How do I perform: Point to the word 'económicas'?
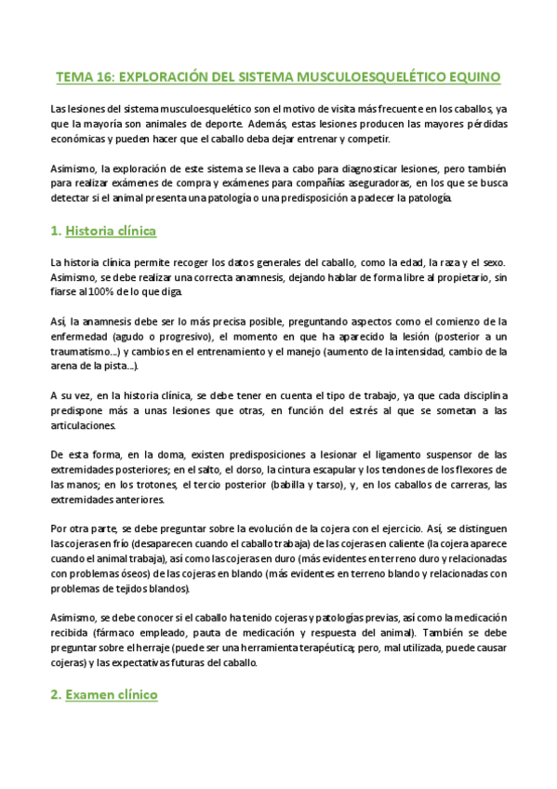[81, 139]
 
